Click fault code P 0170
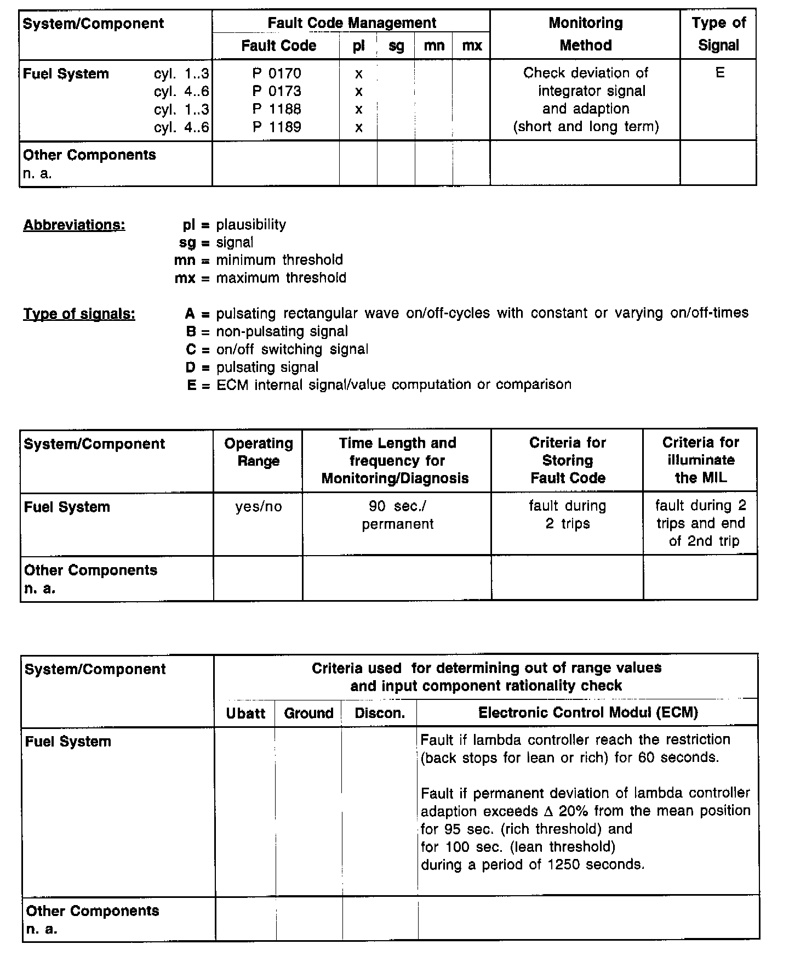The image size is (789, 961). (277, 74)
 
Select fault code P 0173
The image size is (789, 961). (277, 91)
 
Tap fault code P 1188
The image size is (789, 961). (277, 109)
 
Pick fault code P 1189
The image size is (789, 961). (277, 127)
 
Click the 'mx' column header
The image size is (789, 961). (472, 46)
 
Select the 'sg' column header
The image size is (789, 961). (396, 46)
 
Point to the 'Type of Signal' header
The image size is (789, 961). (718, 34)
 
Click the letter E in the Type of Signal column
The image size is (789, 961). (720, 73)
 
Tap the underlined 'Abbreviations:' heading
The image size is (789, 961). (74, 225)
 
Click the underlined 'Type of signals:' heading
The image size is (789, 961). (79, 314)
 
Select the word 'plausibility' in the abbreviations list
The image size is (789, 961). (251, 225)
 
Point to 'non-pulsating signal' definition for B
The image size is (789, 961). (282, 332)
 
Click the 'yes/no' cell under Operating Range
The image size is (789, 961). (259, 507)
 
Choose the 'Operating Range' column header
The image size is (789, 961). (259, 452)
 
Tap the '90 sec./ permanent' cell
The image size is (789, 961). (397, 515)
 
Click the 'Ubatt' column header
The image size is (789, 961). (245, 714)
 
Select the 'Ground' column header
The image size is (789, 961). (308, 714)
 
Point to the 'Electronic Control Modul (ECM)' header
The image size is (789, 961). (588, 713)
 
